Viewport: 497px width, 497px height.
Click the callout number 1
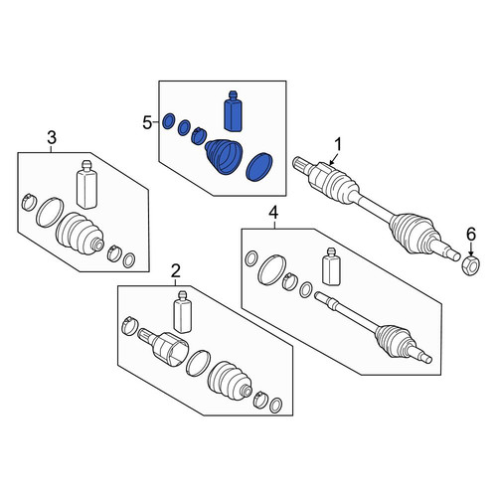pyautogui.click(x=338, y=145)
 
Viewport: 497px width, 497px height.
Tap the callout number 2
pyautogui.click(x=176, y=271)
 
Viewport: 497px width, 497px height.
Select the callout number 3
pyautogui.click(x=52, y=137)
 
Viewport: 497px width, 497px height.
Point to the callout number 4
pyautogui.click(x=273, y=213)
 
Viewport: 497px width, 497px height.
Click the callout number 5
pyautogui.click(x=147, y=123)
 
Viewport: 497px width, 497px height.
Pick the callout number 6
pyautogui.click(x=471, y=235)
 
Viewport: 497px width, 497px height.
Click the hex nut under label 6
pyautogui.click(x=471, y=264)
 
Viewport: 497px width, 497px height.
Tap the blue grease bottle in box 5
pyautogui.click(x=233, y=111)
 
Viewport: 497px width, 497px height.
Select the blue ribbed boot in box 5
pyautogui.click(x=224, y=157)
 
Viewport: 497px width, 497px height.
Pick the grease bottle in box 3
pyautogui.click(x=86, y=185)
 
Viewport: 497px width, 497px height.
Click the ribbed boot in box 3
pyautogui.click(x=80, y=235)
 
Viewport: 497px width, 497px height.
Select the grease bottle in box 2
pyautogui.click(x=183, y=312)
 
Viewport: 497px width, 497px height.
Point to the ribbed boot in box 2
pyautogui.click(x=230, y=381)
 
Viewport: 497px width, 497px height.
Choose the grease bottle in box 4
pyautogui.click(x=331, y=266)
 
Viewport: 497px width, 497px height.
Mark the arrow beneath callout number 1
pyautogui.click(x=334, y=159)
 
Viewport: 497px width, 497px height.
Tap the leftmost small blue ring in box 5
pyautogui.click(x=169, y=121)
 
